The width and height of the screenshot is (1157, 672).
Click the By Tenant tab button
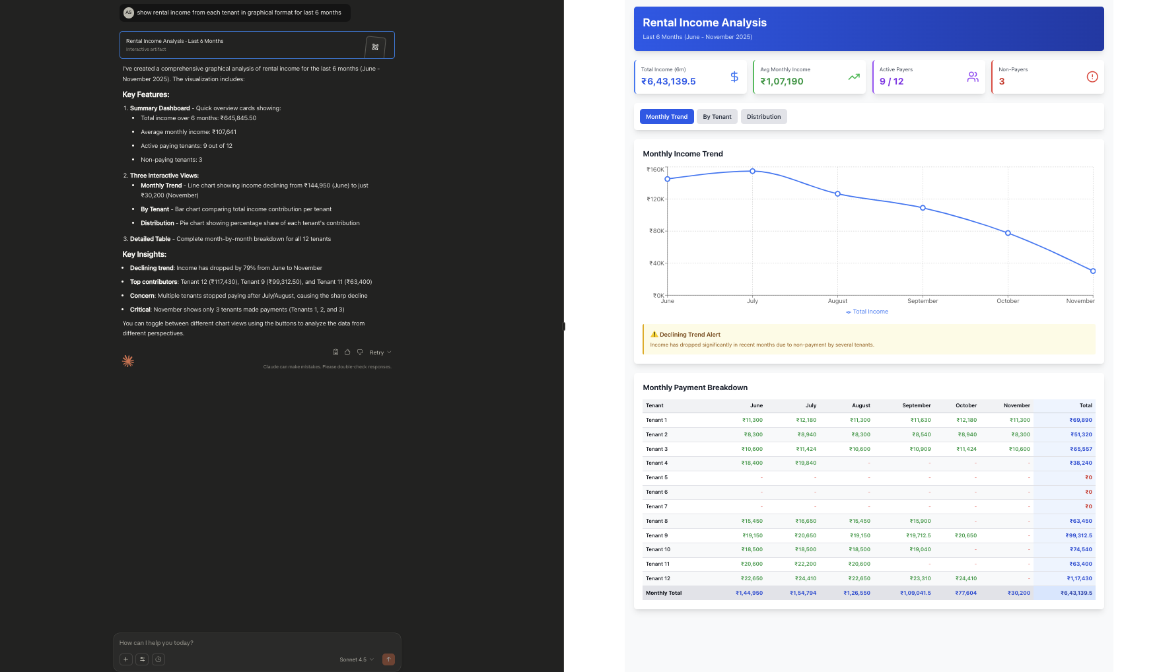point(717,117)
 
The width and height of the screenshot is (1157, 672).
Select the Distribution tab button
point(763,117)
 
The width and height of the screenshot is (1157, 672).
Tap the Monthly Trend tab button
point(666,117)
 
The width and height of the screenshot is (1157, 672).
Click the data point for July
point(752,171)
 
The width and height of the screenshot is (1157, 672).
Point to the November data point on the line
point(1093,271)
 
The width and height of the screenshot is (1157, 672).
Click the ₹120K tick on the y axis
point(655,199)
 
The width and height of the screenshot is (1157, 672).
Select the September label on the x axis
point(923,301)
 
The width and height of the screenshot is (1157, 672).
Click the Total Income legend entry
point(867,312)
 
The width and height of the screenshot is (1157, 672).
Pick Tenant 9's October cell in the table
point(965,535)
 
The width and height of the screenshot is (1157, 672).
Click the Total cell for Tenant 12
point(1079,578)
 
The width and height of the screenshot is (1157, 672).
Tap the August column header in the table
point(860,405)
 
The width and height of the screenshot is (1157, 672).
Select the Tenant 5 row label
point(656,477)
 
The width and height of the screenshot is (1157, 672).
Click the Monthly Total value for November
point(1018,593)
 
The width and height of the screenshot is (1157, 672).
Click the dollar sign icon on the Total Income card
point(734,77)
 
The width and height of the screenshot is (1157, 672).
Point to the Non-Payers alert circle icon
point(1092,77)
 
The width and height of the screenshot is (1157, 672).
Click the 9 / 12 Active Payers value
point(892,81)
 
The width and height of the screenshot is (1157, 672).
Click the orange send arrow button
point(388,659)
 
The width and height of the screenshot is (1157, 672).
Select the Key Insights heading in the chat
point(144,254)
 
